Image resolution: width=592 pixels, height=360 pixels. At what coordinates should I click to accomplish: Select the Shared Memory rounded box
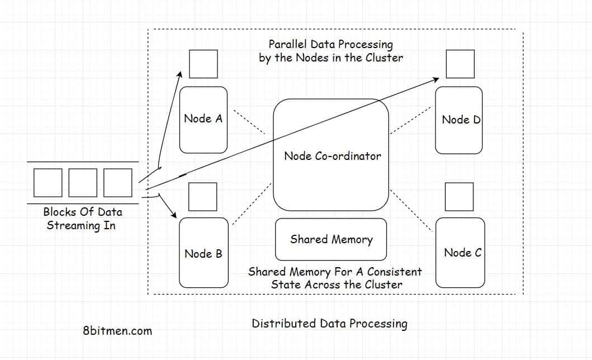click(331, 239)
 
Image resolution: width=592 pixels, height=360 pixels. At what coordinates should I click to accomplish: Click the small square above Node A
click(203, 64)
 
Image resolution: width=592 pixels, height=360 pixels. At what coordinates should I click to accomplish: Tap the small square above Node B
click(202, 196)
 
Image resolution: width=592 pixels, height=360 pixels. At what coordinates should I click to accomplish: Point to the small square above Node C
click(458, 196)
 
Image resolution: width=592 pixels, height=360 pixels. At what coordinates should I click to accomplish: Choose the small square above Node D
click(460, 64)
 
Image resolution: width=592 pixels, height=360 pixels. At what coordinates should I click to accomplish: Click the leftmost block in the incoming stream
click(48, 182)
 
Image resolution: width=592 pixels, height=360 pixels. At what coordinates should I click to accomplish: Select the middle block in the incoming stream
click(83, 182)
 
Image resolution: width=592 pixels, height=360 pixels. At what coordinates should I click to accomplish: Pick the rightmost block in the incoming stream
click(117, 182)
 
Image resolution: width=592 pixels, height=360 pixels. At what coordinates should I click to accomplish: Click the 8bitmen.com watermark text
click(117, 330)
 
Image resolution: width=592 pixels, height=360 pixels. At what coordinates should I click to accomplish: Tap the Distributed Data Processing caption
click(329, 323)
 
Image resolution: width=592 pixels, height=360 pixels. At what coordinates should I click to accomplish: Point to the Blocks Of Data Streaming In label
click(82, 219)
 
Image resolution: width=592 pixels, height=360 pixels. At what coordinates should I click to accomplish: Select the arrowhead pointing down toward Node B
click(173, 215)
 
